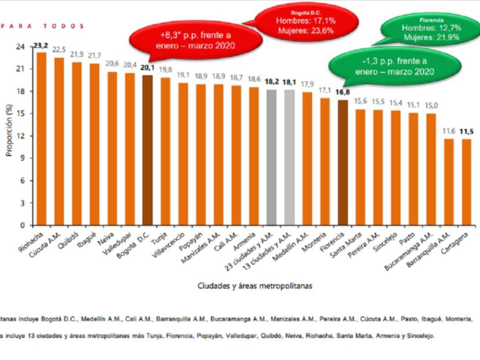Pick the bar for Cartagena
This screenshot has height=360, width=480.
click(x=466, y=182)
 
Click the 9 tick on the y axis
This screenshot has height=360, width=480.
click(x=22, y=158)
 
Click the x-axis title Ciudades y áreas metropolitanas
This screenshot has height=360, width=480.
click(x=255, y=286)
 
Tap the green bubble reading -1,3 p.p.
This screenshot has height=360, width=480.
click(x=394, y=66)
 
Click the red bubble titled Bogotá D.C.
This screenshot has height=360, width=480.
click(x=305, y=24)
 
